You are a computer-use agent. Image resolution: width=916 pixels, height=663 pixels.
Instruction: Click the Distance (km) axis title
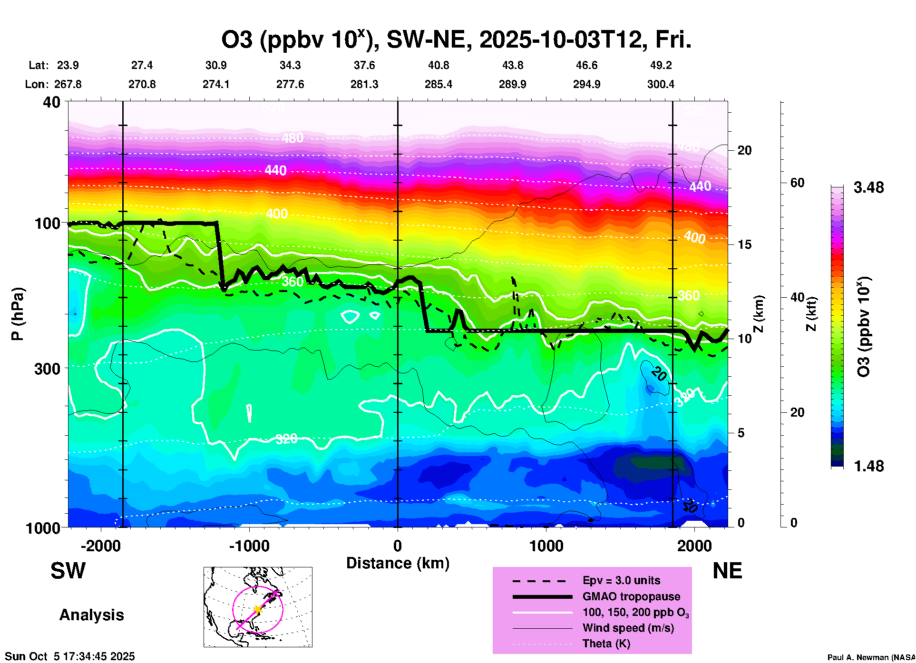click(398, 563)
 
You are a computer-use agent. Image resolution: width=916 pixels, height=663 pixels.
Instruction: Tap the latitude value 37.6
click(364, 66)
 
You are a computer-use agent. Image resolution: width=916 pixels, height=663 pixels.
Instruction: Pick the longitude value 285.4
click(439, 85)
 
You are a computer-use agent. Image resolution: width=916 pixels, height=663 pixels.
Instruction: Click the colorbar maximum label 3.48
click(868, 188)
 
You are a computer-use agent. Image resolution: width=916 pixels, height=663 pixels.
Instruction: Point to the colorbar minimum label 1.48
click(868, 466)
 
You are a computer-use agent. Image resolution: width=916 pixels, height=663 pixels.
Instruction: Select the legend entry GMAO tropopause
click(631, 596)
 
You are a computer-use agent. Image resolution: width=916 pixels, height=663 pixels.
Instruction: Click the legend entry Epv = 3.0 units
click(621, 581)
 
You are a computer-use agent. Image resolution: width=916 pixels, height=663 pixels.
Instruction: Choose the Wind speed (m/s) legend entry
click(628, 628)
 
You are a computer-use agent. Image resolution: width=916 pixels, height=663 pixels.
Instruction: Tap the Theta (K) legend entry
click(606, 644)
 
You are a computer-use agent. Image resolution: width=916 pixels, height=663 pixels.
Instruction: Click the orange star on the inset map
click(257, 609)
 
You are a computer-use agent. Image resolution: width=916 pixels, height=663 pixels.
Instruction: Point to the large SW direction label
click(68, 571)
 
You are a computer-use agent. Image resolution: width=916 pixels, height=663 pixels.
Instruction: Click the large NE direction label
click(727, 571)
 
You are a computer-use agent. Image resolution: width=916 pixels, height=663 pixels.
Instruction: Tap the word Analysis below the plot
click(91, 615)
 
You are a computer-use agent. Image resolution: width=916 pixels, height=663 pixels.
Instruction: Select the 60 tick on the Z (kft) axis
click(797, 183)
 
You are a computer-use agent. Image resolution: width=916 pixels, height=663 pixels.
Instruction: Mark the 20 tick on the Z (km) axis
click(744, 150)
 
